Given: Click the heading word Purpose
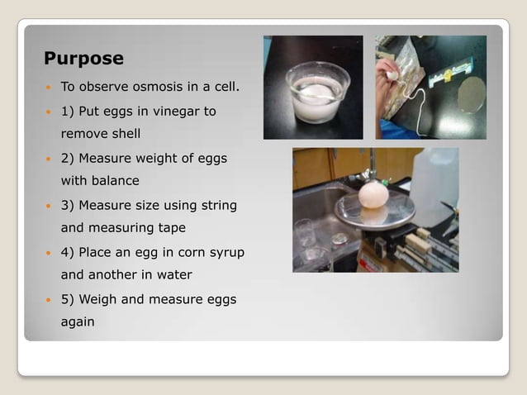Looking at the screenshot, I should (x=83, y=59).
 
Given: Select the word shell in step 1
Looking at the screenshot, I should (x=123, y=133).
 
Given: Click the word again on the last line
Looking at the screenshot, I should (x=78, y=321).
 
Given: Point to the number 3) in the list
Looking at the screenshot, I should (x=69, y=205).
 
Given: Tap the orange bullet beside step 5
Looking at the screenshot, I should (x=49, y=299).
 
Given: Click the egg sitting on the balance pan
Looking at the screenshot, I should (x=374, y=198).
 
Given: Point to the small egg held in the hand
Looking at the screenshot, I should (x=394, y=74).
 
